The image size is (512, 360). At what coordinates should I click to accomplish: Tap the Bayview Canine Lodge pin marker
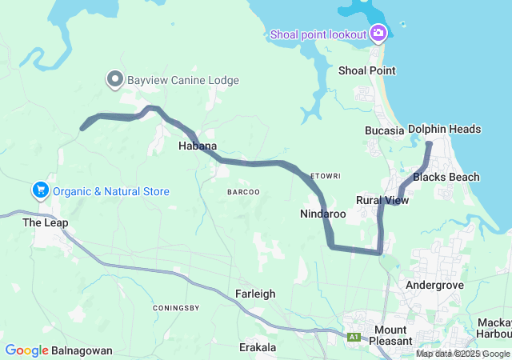[114, 79]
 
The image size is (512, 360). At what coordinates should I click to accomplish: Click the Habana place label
[198, 146]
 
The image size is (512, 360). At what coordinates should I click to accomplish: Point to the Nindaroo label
[323, 214]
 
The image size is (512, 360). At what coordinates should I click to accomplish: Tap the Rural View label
[382, 200]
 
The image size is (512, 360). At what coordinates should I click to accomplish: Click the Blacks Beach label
[446, 177]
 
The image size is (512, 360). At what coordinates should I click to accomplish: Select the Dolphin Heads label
[444, 129]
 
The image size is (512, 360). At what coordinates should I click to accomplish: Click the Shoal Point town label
[367, 70]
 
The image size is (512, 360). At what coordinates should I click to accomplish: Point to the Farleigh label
[256, 294]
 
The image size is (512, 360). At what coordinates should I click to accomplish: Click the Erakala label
[258, 347]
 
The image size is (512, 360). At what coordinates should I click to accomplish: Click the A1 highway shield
[354, 338]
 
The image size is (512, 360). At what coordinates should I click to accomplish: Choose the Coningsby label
[175, 307]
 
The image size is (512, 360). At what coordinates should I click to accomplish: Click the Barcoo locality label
[243, 192]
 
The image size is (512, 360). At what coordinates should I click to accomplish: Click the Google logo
[27, 350]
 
